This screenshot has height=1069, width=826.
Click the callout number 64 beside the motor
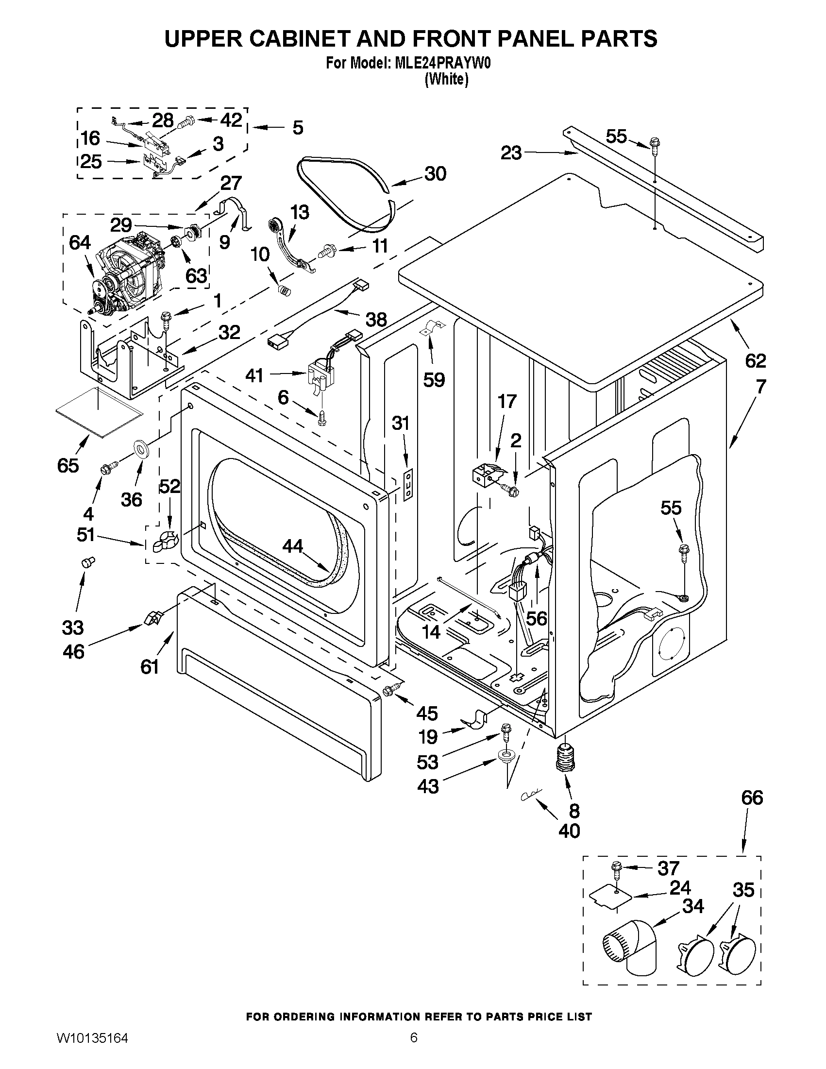point(80,242)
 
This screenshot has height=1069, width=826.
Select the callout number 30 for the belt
point(435,174)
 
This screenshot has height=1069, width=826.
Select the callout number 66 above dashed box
point(752,798)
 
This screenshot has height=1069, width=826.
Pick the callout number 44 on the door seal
point(293,546)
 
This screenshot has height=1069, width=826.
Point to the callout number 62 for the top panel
point(755,361)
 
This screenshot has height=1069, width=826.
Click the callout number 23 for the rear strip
point(511,153)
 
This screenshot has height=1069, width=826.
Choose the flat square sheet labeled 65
point(101,411)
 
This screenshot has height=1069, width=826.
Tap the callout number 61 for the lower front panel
point(150,666)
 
